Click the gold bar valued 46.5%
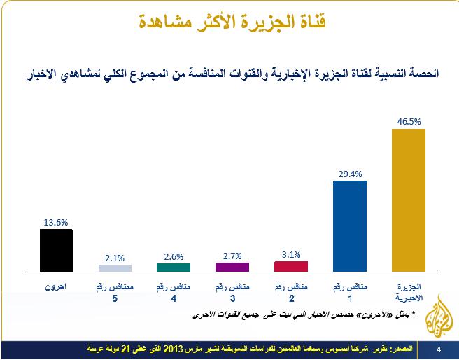(408, 199)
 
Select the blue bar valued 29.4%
(350, 226)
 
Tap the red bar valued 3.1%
(291, 265)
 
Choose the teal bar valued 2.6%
(173, 266)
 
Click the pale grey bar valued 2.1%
(115, 268)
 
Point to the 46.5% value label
(408, 120)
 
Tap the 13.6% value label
(56, 223)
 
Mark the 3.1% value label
(291, 254)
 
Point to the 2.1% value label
(115, 257)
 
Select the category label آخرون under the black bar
(56, 287)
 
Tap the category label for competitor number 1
(350, 292)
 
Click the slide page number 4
(438, 348)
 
